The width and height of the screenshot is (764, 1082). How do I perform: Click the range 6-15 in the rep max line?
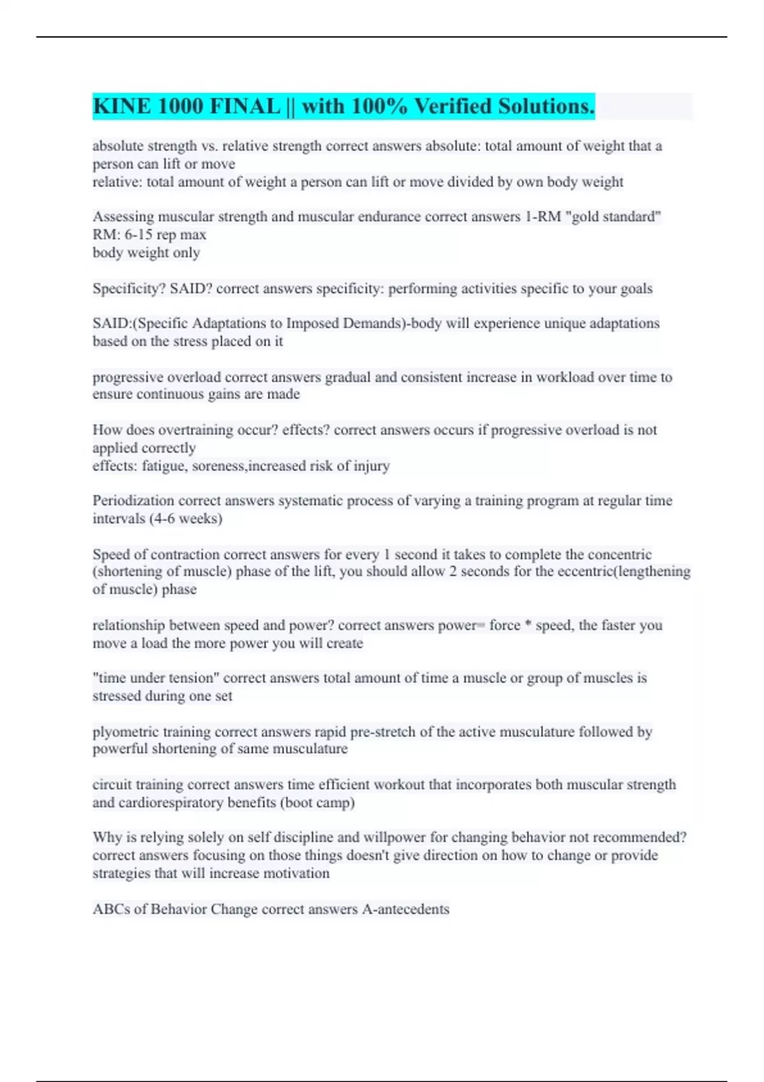139,235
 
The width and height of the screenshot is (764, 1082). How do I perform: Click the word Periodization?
133,501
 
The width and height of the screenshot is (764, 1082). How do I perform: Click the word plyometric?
125,732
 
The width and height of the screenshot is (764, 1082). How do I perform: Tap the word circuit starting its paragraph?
111,785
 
